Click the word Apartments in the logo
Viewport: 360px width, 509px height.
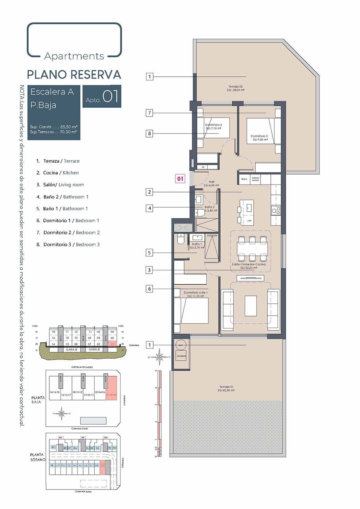click(74, 56)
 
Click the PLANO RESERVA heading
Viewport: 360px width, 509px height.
click(74, 74)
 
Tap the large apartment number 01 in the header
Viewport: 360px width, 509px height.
click(111, 97)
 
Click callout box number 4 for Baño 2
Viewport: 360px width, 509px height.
click(150, 208)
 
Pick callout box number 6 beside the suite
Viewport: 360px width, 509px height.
click(150, 289)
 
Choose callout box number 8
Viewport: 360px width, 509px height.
click(150, 134)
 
